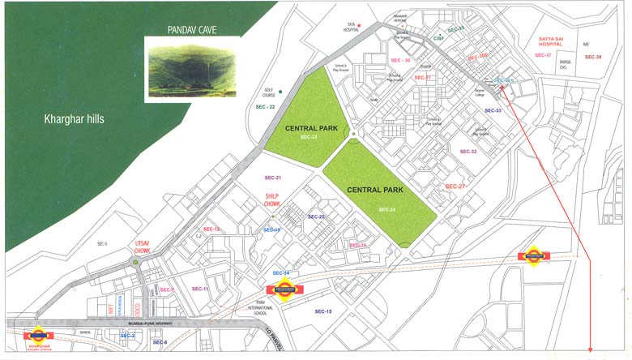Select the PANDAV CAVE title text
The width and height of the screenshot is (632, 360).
192,30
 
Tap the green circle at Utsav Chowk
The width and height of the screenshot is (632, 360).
135,262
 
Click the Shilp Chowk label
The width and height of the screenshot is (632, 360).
272,199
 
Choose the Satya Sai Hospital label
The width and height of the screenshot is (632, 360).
550,42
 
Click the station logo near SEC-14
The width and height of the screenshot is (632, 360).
284,290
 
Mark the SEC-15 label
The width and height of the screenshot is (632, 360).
323,311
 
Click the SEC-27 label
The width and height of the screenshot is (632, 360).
456,186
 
